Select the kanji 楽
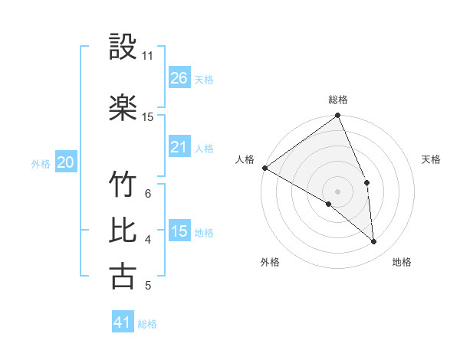coord(123,106)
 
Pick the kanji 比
coord(123,230)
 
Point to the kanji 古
coord(123,276)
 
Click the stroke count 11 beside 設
coord(148,56)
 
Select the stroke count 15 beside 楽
coord(148,117)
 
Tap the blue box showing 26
coord(179,77)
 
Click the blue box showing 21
coord(179,147)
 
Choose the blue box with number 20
coord(66,162)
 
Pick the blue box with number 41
coord(123,322)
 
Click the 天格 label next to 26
coord(204,79)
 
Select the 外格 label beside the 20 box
coord(41,163)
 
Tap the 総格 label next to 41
coord(147,324)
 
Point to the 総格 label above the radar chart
coord(338,100)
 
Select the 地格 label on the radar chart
coord(402,262)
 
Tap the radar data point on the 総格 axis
coord(338,116)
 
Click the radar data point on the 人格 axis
coord(264,168)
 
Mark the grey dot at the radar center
coord(337,191)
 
